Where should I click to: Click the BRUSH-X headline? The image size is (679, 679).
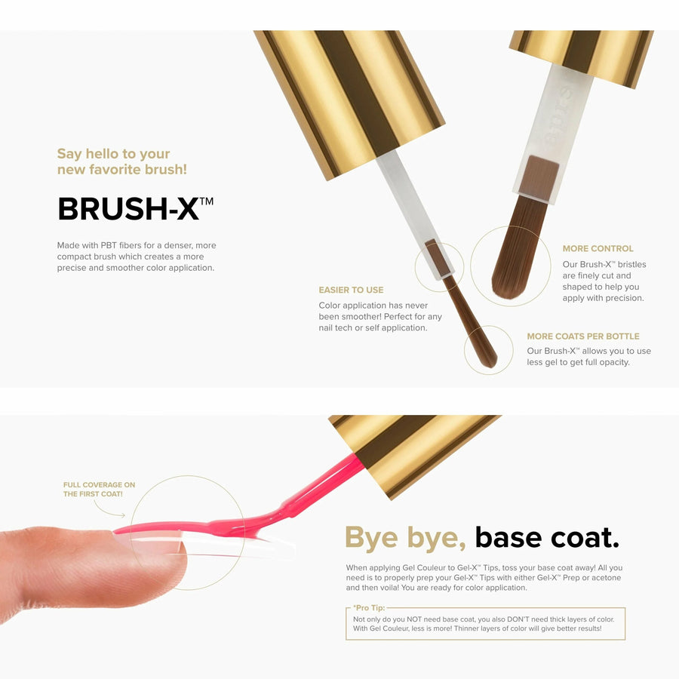[x=136, y=208]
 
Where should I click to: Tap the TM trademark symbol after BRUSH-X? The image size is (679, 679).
[x=207, y=201]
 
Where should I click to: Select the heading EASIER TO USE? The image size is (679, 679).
[x=351, y=290]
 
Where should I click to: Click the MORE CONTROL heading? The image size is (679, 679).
[x=598, y=248]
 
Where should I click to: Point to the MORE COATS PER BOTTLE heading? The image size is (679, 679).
[x=583, y=336]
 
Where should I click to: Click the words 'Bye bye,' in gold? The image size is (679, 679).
[x=405, y=538]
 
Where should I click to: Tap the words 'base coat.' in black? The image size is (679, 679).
[x=547, y=537]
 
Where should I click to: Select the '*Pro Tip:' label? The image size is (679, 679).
[x=368, y=608]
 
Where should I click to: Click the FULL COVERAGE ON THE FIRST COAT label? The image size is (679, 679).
[x=99, y=490]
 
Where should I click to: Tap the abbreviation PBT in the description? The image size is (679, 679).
[x=109, y=245]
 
